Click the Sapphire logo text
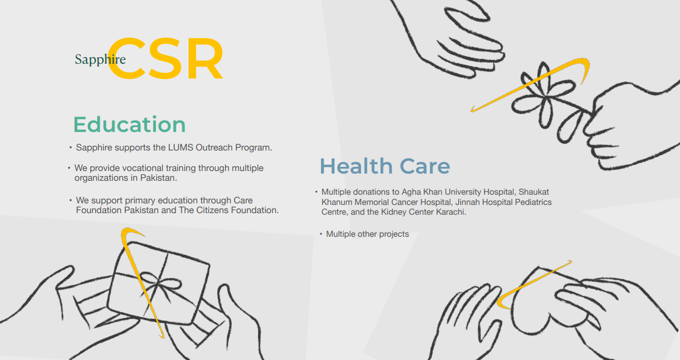[100, 60]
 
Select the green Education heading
[129, 124]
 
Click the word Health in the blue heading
[356, 166]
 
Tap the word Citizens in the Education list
[217, 210]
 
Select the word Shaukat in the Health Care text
[534, 192]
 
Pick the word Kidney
[394, 212]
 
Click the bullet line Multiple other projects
[367, 234]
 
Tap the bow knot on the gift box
[159, 283]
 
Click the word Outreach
[214, 147]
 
